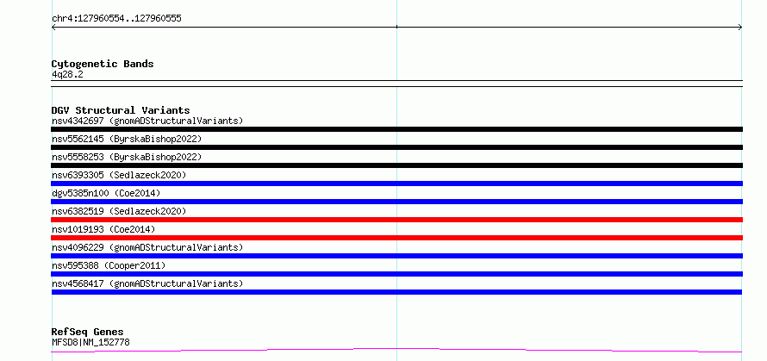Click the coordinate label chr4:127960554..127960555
click(116, 19)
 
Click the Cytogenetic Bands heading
click(103, 64)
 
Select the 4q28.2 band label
click(67, 74)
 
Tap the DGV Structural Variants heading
click(121, 110)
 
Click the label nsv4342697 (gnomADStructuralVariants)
click(147, 121)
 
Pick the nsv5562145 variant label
click(127, 139)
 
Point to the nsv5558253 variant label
click(127, 157)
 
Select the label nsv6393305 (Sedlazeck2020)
click(119, 175)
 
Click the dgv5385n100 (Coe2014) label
click(106, 193)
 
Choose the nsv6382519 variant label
click(119, 211)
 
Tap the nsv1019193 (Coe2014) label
click(103, 229)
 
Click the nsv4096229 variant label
click(147, 247)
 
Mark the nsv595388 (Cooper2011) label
click(109, 265)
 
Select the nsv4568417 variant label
click(147, 283)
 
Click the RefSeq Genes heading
click(88, 333)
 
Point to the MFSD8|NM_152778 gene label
click(91, 342)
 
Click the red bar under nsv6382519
click(396, 220)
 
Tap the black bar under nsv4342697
click(396, 129)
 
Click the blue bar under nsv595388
click(396, 274)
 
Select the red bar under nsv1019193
click(396, 238)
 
